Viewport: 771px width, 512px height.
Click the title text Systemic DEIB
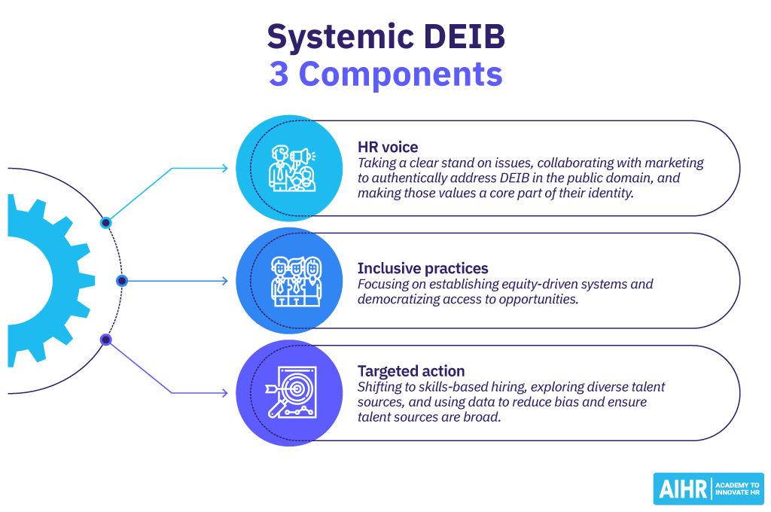[x=385, y=36]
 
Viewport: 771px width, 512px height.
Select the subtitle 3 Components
[x=385, y=75]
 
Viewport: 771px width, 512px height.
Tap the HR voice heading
[x=389, y=146]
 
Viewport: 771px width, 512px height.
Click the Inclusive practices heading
[x=422, y=268]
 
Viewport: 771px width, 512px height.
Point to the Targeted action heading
[x=411, y=370]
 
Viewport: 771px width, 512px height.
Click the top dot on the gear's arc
[x=106, y=222]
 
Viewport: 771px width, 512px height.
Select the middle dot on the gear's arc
[x=122, y=281]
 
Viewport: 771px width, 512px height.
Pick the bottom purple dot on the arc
[x=106, y=340]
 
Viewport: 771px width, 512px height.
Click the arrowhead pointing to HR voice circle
[x=224, y=169]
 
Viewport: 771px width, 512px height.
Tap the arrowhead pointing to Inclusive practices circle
[x=224, y=281]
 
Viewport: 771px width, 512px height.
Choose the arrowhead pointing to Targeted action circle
[x=224, y=393]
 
